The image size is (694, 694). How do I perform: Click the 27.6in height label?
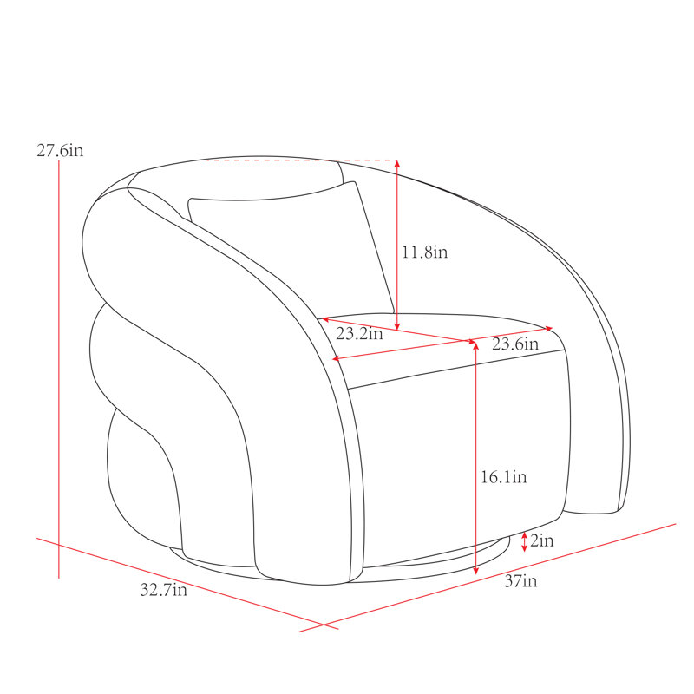coord(60,150)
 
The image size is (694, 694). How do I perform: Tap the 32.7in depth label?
coord(163,590)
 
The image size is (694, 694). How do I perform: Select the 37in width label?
coord(520,580)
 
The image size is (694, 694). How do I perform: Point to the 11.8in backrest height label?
coord(424,252)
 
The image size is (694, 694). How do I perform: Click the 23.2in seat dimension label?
coord(359,333)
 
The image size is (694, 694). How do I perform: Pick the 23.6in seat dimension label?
coord(515,344)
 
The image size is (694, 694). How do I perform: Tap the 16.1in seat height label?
coord(504,476)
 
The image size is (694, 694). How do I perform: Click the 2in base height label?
coord(541,540)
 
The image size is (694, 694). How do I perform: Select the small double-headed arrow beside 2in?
coord(525,541)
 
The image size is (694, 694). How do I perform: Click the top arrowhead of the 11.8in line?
coord(397,163)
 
